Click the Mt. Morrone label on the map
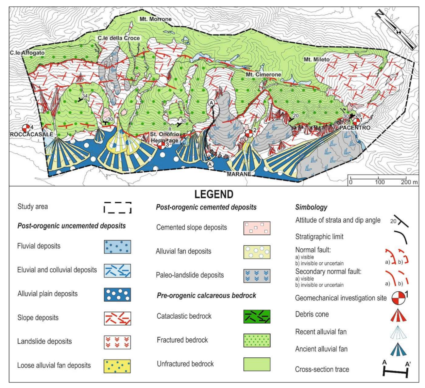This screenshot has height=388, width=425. coord(155,19)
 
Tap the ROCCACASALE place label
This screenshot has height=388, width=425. coord(31,134)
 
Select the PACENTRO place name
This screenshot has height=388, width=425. coord(355,128)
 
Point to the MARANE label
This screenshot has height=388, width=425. coord(239,174)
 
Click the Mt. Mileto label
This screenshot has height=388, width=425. coord(316,59)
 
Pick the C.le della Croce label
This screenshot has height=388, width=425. coord(119,38)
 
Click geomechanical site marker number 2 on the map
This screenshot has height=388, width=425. coord(249,133)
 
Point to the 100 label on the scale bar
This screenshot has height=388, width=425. coord(379,182)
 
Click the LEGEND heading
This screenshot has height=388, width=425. coord(214,194)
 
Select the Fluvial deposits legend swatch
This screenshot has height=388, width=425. coord(117,247)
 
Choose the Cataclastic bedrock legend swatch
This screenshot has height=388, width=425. coord(257,316)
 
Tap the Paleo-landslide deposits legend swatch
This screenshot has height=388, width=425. coord(257,275)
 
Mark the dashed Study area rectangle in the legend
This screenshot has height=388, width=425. coord(117,208)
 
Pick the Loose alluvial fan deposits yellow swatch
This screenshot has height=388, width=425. coord(117,366)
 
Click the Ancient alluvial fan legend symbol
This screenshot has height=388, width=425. coord(398,349)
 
